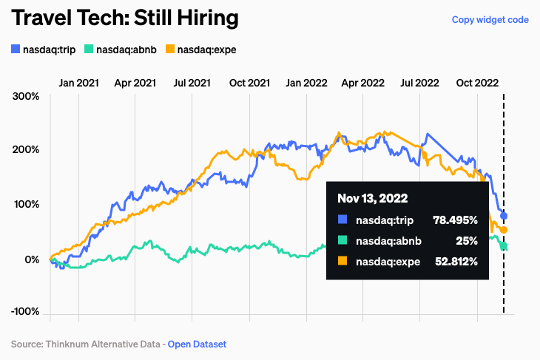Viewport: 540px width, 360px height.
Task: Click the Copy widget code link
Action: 490,20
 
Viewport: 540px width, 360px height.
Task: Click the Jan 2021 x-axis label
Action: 78,83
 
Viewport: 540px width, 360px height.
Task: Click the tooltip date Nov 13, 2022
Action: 373,199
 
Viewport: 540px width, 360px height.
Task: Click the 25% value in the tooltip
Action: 467,240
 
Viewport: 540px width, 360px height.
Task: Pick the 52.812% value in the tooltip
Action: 453,261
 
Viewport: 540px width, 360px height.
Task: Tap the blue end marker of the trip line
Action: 504,216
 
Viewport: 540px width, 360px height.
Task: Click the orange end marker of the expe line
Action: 504,231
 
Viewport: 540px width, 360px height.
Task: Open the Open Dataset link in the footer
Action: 197,344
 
